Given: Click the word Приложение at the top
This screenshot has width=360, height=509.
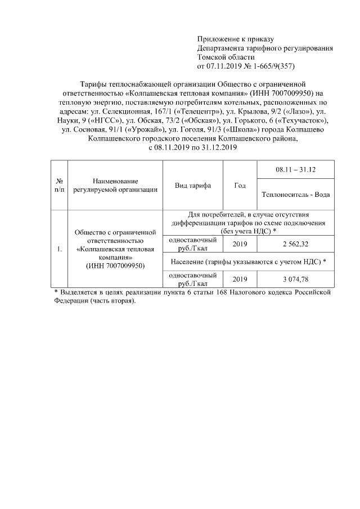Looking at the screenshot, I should [x=217, y=39].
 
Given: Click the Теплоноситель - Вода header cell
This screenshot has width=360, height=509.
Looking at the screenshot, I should [x=295, y=195].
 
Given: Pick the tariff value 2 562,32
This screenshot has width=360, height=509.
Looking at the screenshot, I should [x=295, y=244].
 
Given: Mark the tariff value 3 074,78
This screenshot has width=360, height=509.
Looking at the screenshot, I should [x=295, y=279].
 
